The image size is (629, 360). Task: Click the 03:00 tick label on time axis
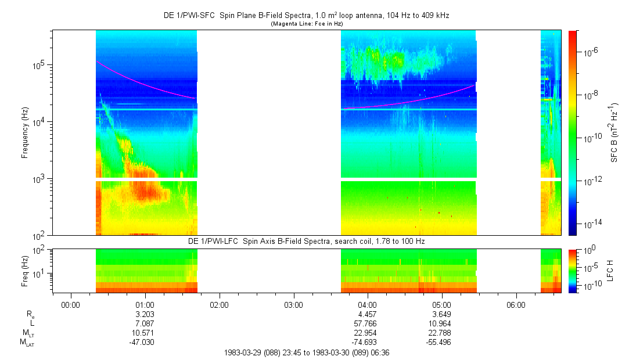click(293, 304)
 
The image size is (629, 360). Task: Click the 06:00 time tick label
click(516, 304)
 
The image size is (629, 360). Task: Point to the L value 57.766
click(368, 323)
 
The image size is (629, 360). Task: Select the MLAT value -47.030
click(145, 343)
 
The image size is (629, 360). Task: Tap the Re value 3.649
click(441, 314)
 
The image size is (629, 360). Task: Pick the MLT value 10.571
click(145, 333)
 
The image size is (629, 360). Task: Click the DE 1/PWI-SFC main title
click(306, 16)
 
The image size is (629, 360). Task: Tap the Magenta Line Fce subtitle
click(306, 24)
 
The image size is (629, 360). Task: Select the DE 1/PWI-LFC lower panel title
click(306, 240)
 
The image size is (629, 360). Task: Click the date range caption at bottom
click(306, 352)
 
